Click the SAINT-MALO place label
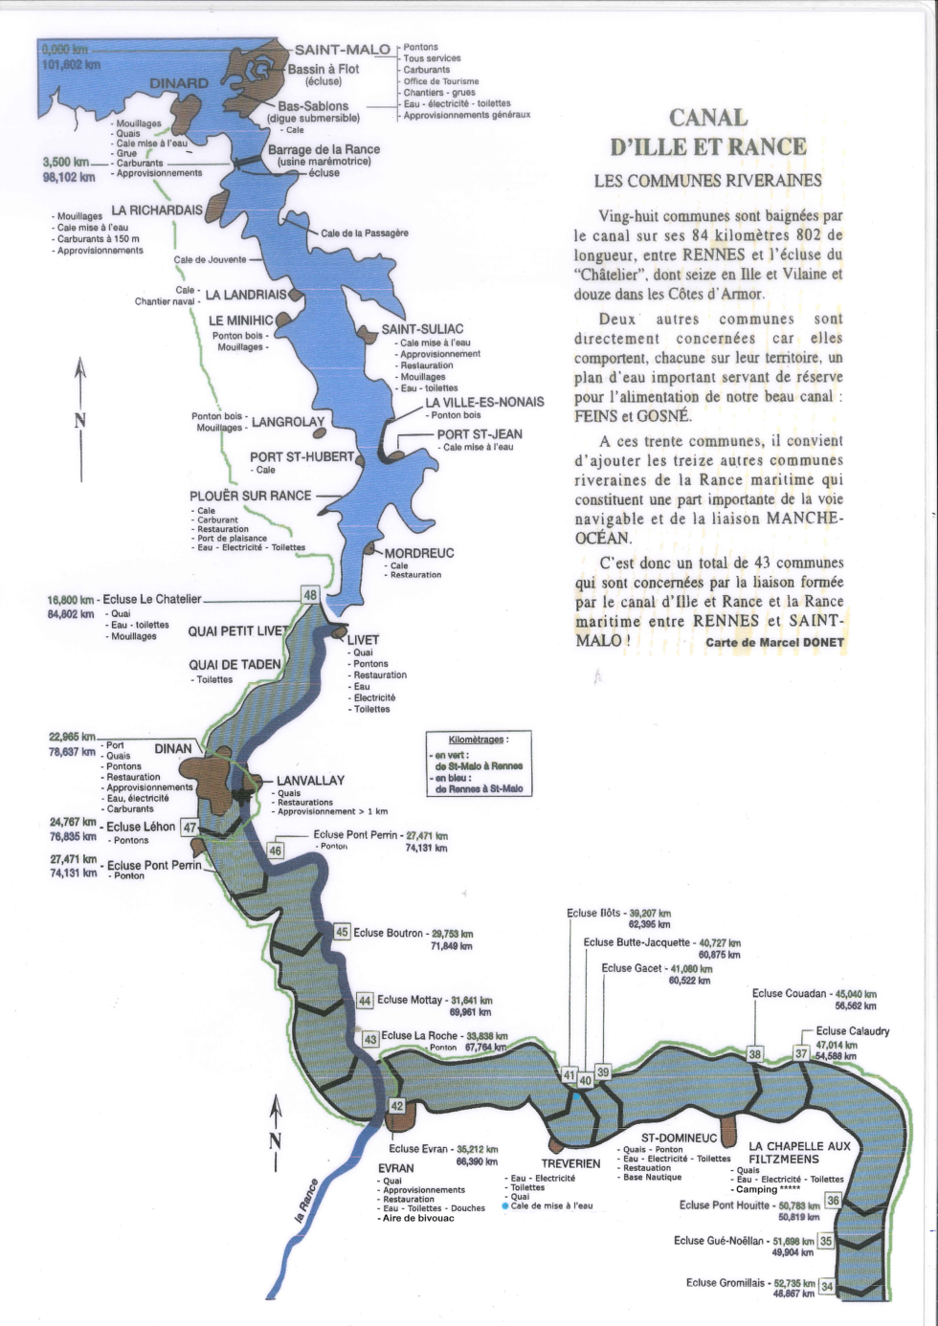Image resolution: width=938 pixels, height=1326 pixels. point(342,50)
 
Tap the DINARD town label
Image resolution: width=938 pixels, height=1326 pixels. point(179,84)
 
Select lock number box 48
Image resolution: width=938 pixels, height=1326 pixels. point(310,595)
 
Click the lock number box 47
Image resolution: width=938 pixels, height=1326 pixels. point(190,829)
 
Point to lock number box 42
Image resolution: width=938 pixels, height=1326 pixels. point(397,1106)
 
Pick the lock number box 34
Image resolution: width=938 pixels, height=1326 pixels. point(827,1287)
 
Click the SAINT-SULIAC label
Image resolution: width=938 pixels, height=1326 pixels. point(422,329)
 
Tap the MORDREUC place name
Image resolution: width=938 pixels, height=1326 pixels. point(419,553)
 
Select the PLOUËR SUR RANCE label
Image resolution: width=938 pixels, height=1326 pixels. point(250,496)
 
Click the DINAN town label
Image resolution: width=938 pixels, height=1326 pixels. point(173,748)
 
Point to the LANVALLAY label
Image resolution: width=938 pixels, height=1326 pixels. point(310,781)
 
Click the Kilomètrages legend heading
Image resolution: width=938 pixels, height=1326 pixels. point(479,740)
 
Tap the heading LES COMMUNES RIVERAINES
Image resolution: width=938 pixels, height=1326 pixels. point(707,180)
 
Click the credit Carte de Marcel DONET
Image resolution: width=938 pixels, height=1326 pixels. point(774,642)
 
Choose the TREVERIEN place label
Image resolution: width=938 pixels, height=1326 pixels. point(570,1164)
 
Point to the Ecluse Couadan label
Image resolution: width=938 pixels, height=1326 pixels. point(789,993)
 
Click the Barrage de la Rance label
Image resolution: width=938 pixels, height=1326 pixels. point(324,149)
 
